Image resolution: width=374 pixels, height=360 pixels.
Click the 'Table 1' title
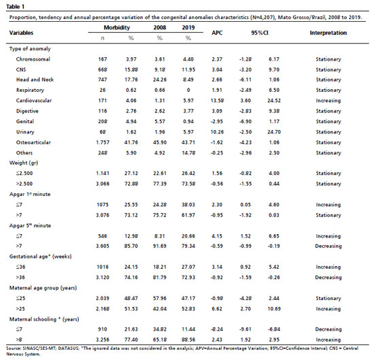click(15, 7)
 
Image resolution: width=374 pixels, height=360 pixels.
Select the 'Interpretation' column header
click(328, 33)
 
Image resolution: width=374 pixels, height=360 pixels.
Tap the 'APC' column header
click(217, 33)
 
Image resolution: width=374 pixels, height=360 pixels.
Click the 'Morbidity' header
click(117, 28)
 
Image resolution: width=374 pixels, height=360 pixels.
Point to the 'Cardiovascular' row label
click(34, 101)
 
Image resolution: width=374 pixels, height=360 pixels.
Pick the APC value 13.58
click(217, 101)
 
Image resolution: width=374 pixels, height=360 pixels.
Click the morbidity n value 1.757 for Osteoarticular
click(103, 142)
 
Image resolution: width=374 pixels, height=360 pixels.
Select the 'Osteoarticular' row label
click(33, 142)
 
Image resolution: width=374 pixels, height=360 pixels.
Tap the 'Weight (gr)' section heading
click(24, 163)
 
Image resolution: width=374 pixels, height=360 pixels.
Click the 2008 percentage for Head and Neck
click(160, 80)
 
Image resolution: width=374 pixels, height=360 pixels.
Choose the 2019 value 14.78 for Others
click(188, 153)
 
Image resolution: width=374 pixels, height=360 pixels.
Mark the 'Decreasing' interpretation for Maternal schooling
click(328, 329)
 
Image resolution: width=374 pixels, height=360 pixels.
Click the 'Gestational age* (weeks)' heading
click(41, 257)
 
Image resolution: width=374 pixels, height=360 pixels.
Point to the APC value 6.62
click(217, 309)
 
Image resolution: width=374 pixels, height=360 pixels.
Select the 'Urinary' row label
click(25, 132)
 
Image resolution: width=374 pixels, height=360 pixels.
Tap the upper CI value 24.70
click(274, 132)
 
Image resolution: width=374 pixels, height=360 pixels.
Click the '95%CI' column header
click(260, 33)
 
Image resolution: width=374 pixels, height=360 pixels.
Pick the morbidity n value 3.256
click(103, 340)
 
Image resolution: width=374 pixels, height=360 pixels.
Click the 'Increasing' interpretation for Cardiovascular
click(328, 101)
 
